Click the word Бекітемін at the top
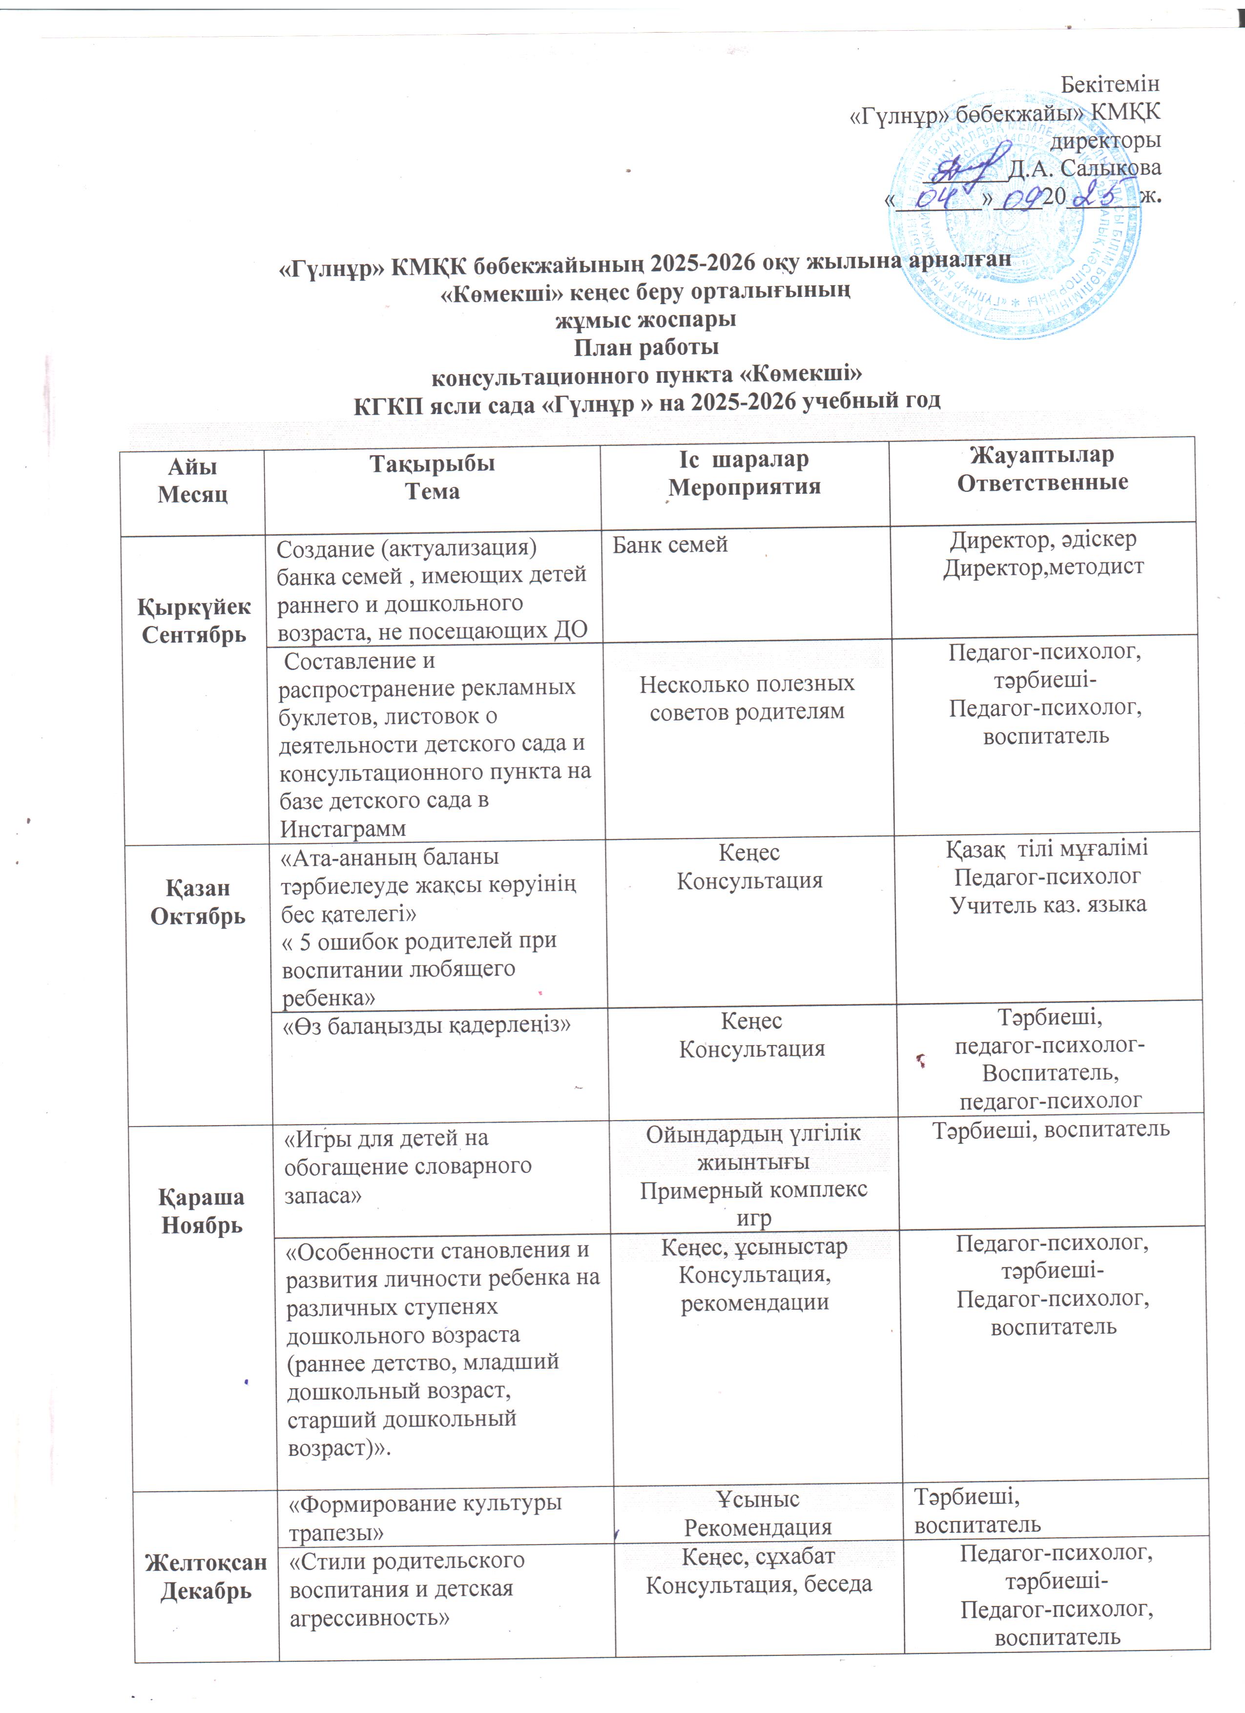(x=1110, y=83)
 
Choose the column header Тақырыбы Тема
(x=432, y=478)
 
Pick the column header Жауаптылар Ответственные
(x=1042, y=469)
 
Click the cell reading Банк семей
(x=670, y=544)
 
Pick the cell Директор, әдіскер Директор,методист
(x=1043, y=554)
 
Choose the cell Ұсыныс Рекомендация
(x=757, y=1513)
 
